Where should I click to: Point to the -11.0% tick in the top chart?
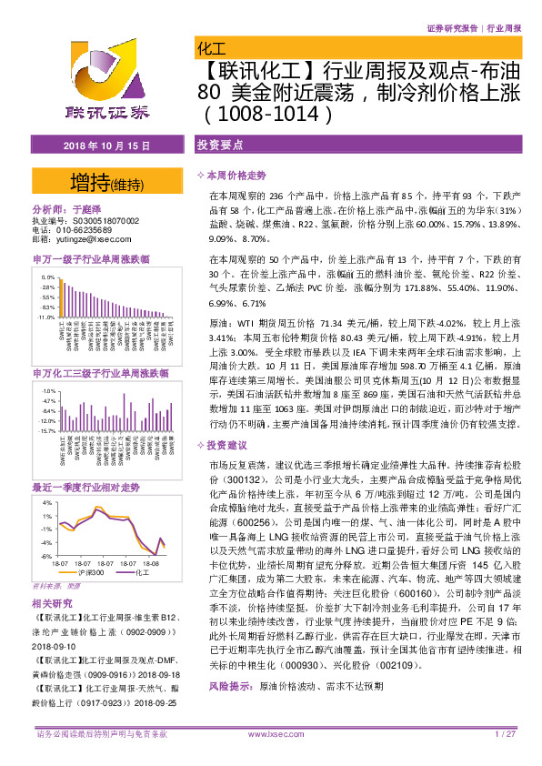point(48,317)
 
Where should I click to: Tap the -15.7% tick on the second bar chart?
point(48,431)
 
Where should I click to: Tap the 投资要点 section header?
point(220,146)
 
